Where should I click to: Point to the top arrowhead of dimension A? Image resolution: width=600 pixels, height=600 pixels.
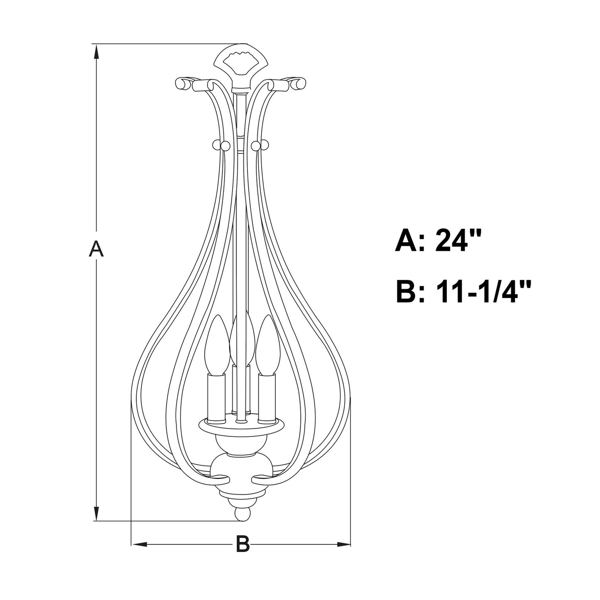pos(96,51)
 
